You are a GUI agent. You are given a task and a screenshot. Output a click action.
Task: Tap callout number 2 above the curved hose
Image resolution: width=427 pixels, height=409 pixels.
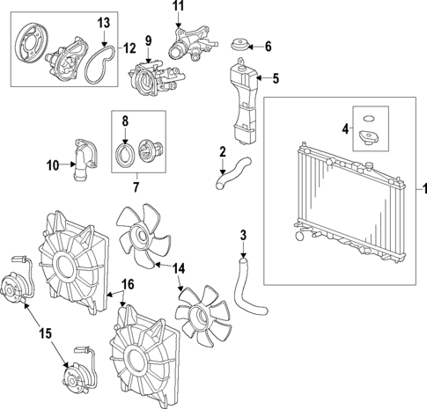pyautogui.click(x=223, y=150)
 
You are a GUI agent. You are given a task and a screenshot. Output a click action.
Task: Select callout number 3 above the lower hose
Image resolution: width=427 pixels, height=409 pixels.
pyautogui.click(x=243, y=235)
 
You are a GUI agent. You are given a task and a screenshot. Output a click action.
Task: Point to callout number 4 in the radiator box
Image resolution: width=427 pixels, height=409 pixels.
pyautogui.click(x=344, y=128)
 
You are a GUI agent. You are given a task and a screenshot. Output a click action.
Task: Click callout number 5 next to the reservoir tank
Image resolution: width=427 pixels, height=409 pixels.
pyautogui.click(x=276, y=78)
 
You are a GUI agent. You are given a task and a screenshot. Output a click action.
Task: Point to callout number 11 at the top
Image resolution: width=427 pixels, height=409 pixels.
pyautogui.click(x=179, y=7)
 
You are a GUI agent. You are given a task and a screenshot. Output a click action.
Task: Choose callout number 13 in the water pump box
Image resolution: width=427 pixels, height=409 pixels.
pyautogui.click(x=104, y=22)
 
